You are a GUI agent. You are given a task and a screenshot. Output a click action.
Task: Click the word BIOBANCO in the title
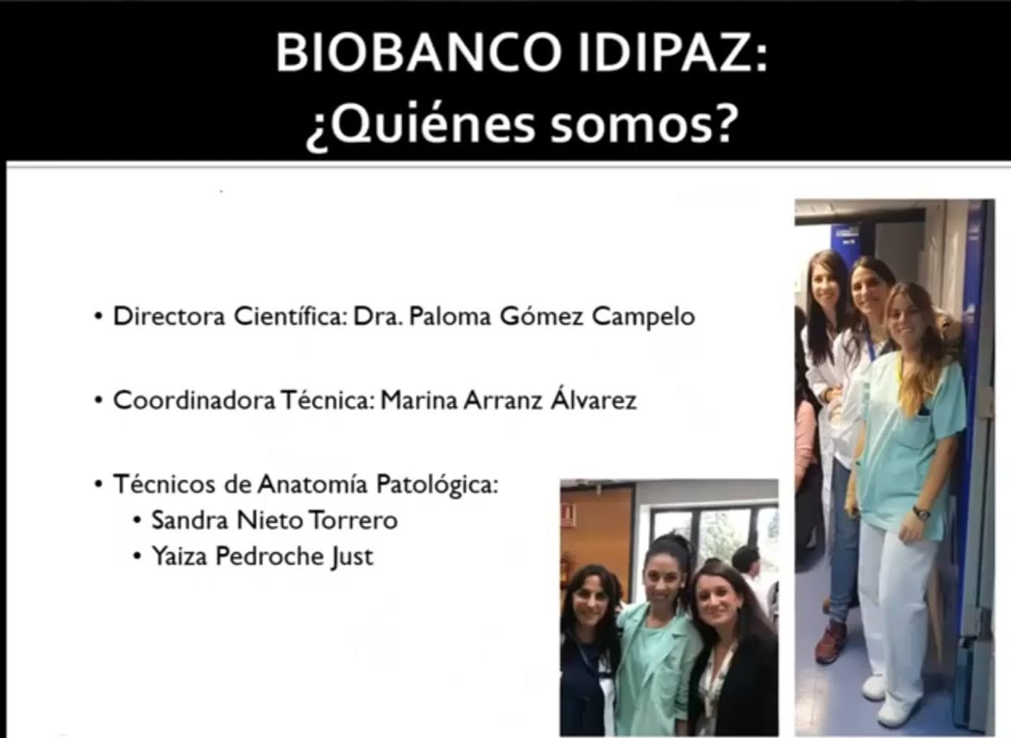click(418, 54)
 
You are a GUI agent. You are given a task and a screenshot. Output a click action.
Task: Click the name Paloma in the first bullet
click(450, 316)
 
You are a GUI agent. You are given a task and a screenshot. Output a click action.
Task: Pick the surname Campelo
click(643, 317)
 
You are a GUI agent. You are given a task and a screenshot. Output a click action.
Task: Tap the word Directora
click(169, 316)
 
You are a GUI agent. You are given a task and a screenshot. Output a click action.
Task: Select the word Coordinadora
click(194, 400)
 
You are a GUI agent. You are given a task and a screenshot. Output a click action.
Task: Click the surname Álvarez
click(593, 397)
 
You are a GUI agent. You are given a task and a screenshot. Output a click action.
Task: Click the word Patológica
click(437, 485)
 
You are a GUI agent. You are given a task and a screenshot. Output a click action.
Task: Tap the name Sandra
click(190, 520)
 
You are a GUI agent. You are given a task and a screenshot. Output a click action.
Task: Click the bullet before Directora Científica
click(98, 316)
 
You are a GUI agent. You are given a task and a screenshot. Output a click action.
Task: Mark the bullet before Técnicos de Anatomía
click(98, 485)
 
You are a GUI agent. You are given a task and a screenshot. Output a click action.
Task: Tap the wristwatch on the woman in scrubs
click(921, 513)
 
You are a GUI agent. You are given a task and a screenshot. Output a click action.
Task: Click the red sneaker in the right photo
click(831, 643)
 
